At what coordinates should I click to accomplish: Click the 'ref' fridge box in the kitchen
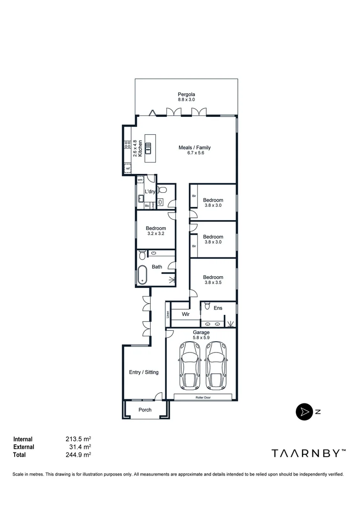click(x=128, y=168)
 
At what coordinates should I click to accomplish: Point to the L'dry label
click(x=150, y=191)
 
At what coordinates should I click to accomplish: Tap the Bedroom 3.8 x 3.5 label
click(x=213, y=280)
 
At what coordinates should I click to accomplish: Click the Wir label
click(x=185, y=313)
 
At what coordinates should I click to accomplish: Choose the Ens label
click(x=218, y=308)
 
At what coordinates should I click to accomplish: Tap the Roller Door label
click(x=203, y=397)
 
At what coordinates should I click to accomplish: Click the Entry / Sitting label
click(x=144, y=372)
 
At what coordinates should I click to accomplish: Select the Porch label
click(x=145, y=410)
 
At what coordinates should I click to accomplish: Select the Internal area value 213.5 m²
click(x=78, y=439)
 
